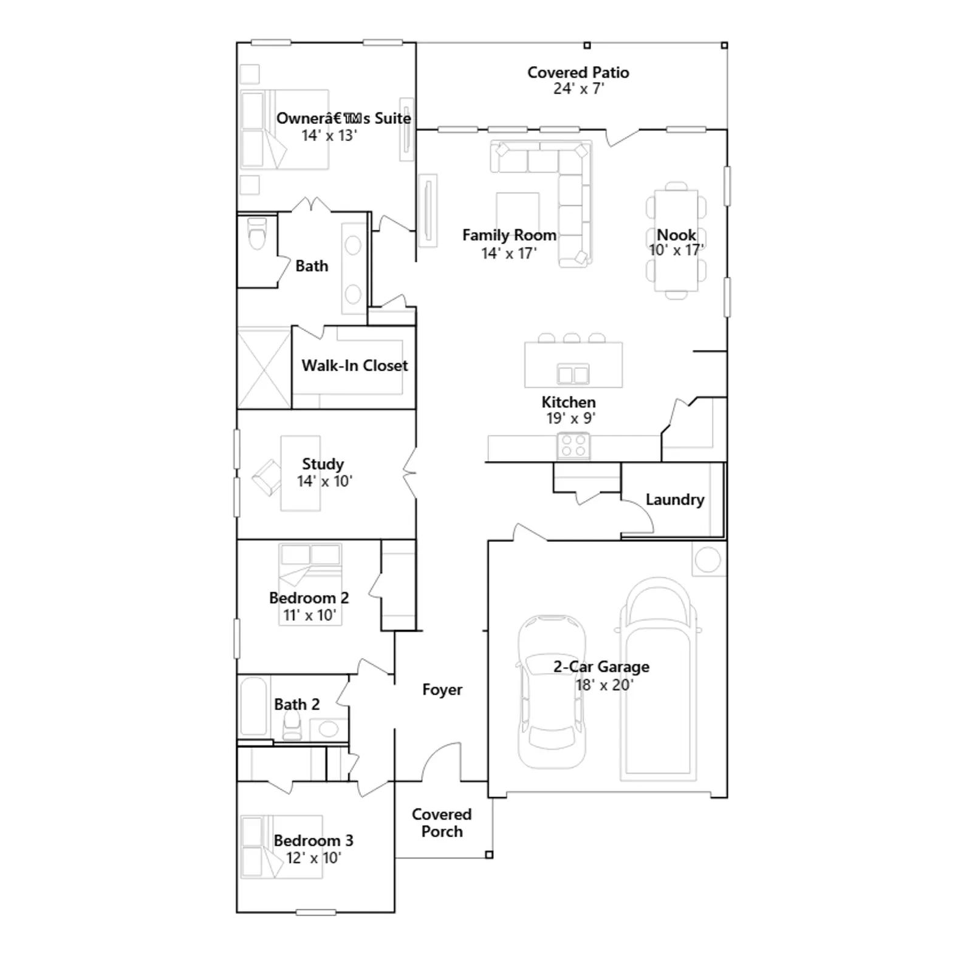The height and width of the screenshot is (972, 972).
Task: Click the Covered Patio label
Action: tap(578, 72)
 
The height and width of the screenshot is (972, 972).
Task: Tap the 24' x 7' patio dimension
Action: tap(578, 89)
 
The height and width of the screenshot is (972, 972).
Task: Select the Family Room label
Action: tap(509, 235)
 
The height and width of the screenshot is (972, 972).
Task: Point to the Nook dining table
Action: tap(676, 241)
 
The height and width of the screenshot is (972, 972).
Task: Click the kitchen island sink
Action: tap(573, 374)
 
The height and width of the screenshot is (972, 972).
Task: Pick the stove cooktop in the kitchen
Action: tap(573, 446)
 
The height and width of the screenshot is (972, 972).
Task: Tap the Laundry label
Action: tap(675, 499)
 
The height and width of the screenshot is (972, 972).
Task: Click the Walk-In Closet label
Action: tap(355, 366)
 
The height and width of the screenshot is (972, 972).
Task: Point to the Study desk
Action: tap(301, 473)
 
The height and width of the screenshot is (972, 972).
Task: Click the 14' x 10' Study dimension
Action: tap(324, 481)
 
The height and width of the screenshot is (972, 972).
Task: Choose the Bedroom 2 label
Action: tap(309, 598)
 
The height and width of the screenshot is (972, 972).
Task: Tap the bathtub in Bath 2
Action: tap(253, 707)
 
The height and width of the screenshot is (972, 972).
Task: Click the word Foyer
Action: tap(442, 690)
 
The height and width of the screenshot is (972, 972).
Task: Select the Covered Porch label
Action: tap(442, 823)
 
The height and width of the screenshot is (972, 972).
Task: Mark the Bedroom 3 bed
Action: tap(281, 847)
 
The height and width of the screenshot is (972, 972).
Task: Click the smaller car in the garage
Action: tap(552, 692)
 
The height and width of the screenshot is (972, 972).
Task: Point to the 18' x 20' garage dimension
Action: tap(604, 685)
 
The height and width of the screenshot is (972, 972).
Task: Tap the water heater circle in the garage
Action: tap(708, 560)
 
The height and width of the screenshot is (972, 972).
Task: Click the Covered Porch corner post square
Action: tap(489, 855)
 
